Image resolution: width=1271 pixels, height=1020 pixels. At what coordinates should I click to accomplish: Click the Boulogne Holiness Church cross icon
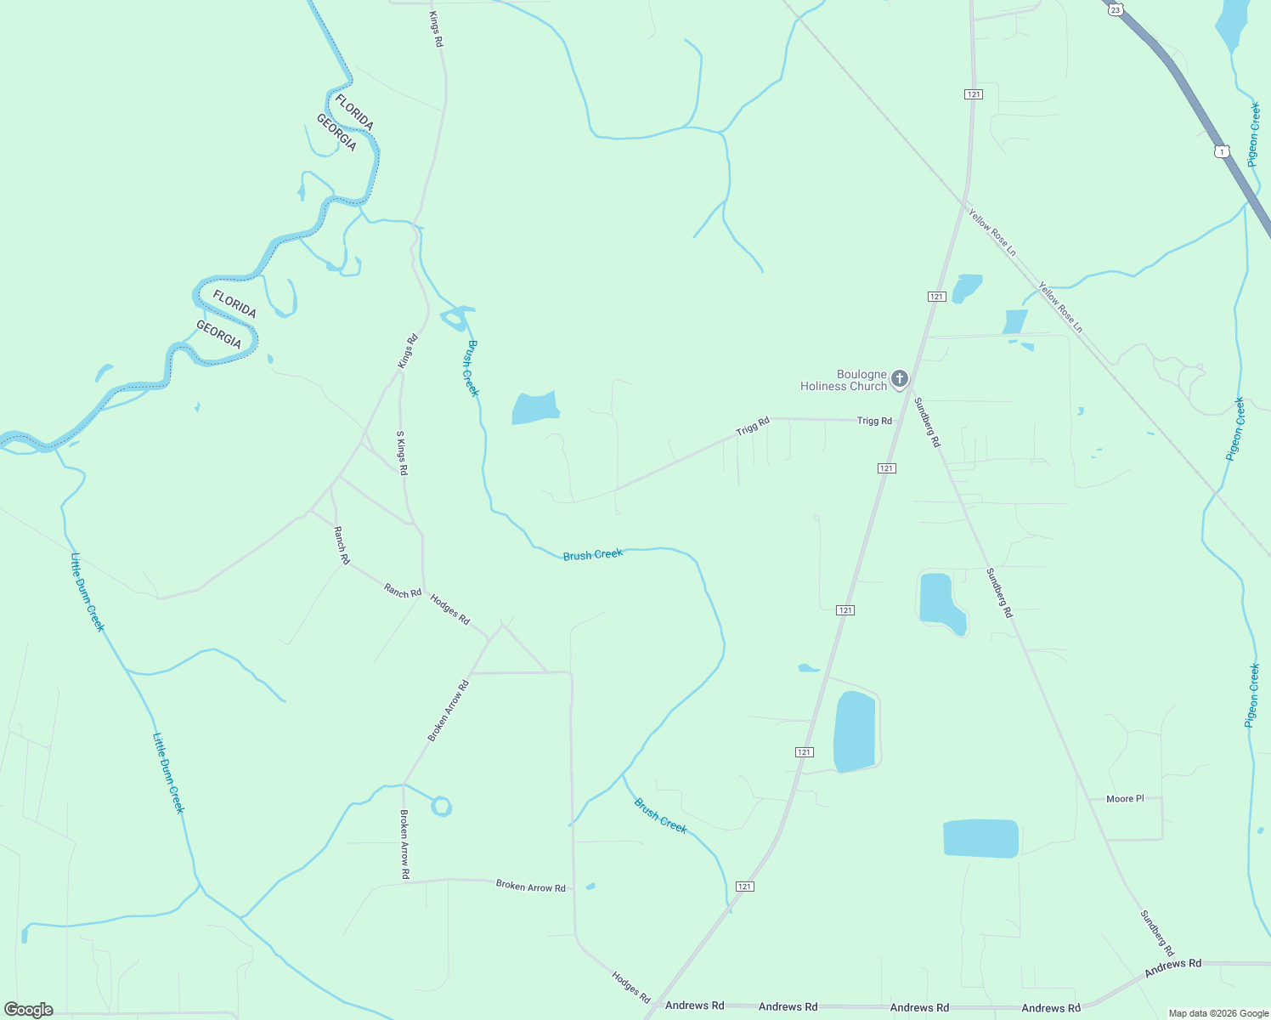900,378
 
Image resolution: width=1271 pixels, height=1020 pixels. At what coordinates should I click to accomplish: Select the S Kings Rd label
402,453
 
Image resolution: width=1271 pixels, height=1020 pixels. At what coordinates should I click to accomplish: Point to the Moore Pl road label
1125,799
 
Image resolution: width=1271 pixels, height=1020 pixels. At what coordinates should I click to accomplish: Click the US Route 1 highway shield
1221,151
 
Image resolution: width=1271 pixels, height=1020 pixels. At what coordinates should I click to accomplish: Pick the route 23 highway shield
1116,8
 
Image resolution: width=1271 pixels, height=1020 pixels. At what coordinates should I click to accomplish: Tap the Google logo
29,1010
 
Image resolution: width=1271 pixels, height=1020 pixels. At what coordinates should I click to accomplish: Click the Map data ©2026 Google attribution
1218,1013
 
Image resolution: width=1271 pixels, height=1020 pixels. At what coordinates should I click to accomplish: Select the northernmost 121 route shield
974,93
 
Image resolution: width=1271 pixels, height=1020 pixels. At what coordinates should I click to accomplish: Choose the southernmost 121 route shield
745,887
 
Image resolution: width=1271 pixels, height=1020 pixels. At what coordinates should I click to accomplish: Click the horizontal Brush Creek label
593,555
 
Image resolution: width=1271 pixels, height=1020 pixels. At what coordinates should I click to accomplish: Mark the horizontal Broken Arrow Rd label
530,887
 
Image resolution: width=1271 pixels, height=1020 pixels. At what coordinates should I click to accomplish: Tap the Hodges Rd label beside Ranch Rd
449,609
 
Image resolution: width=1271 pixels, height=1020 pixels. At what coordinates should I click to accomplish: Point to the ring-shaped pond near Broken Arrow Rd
441,806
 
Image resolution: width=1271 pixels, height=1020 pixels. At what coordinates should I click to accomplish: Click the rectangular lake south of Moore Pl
980,838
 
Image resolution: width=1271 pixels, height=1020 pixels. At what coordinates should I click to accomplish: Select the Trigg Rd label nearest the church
874,421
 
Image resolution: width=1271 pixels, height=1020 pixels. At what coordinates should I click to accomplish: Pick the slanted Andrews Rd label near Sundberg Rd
1172,968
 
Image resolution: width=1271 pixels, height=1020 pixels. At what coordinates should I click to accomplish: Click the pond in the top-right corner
1233,24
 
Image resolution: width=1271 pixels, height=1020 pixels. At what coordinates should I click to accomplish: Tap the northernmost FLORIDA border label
354,112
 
